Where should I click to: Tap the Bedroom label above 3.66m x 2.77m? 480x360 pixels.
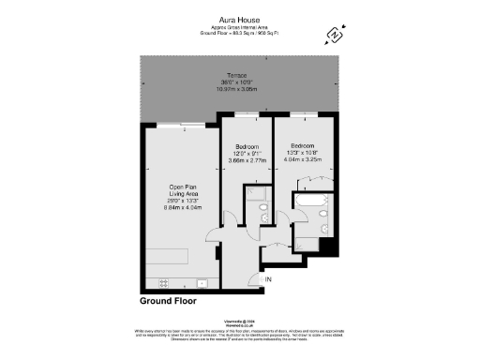(247, 147)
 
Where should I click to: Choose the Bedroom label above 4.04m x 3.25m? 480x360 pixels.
(302, 147)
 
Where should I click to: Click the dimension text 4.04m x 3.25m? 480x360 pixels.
(303, 160)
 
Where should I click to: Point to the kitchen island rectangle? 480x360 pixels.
(169, 257)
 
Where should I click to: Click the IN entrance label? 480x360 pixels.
(268, 279)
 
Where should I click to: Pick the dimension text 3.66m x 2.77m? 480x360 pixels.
(247, 160)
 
